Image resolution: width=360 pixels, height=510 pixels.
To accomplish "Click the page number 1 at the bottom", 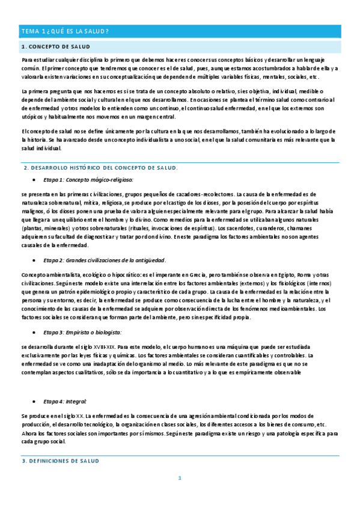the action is click(x=179, y=479).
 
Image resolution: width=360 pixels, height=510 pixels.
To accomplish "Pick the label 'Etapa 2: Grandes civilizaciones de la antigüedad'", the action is click(x=105, y=260).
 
